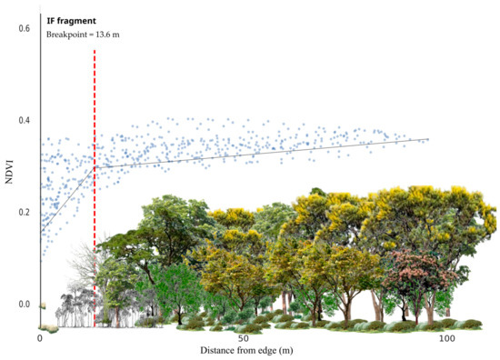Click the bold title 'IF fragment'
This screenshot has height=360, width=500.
(x=71, y=21)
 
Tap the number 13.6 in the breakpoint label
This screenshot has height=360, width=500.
(x=102, y=35)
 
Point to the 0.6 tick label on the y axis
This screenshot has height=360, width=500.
(x=24, y=28)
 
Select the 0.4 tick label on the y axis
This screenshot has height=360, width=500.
(x=24, y=120)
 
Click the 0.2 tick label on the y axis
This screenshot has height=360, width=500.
(x=24, y=212)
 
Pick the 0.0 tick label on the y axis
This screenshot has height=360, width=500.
(x=24, y=304)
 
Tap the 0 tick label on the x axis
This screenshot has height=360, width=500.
(x=40, y=338)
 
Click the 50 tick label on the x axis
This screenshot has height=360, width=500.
(x=244, y=338)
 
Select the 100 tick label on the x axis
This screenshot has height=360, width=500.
(x=447, y=338)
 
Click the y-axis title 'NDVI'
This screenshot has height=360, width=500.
(x=9, y=174)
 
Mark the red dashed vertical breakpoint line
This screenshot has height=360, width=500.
(x=95, y=188)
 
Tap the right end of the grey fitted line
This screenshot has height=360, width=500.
(x=428, y=139)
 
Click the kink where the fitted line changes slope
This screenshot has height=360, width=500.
(x=95, y=167)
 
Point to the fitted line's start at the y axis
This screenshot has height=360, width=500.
(x=41, y=232)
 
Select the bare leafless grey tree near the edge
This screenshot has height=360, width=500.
(x=84, y=262)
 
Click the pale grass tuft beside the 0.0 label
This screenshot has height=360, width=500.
(x=43, y=306)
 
